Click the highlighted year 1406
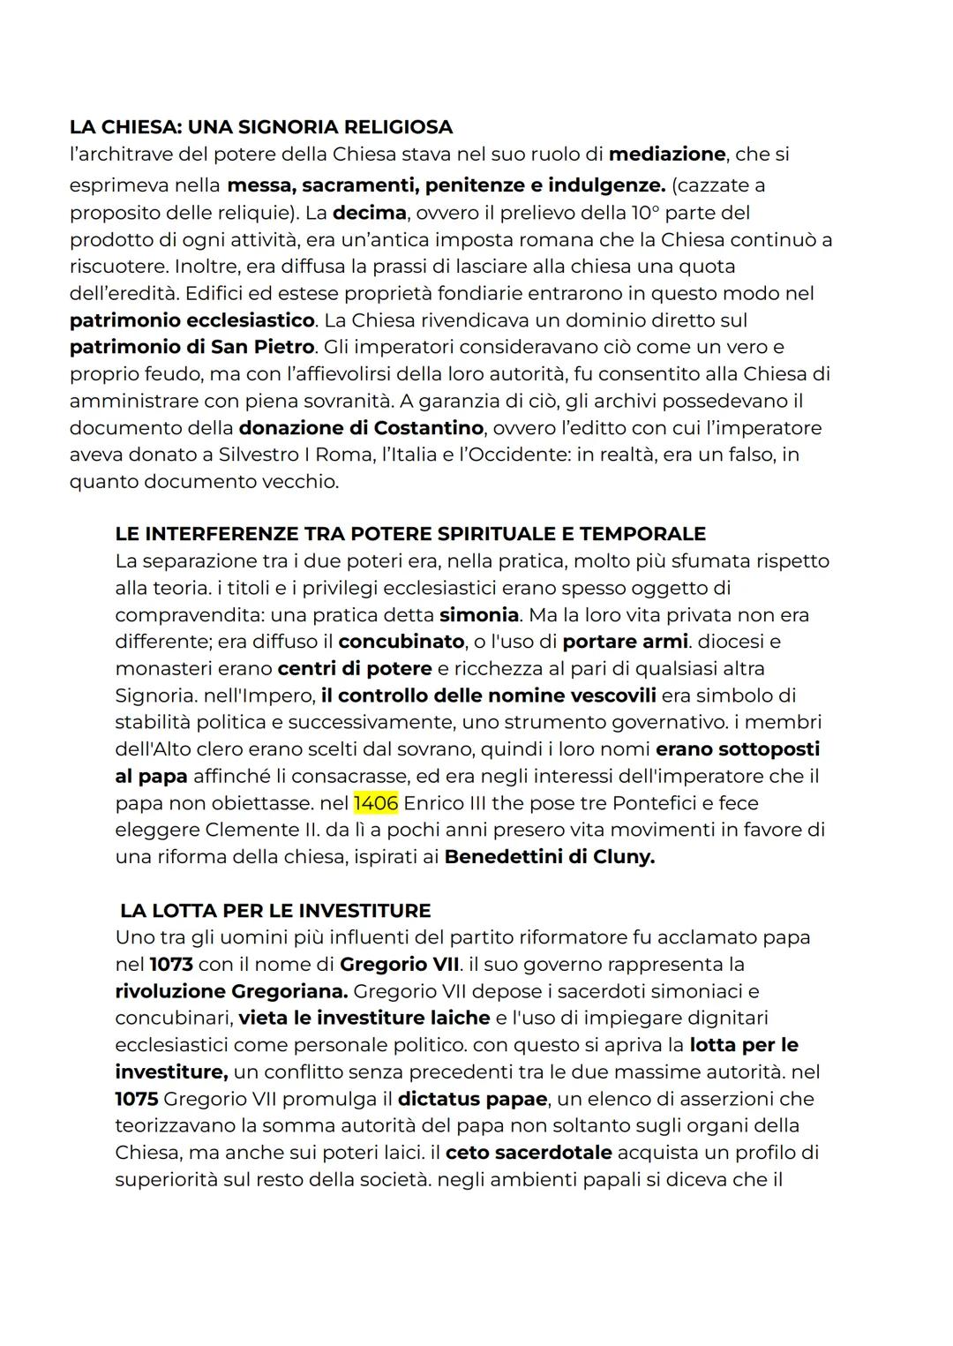376,803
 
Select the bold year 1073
171,964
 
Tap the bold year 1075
136,1099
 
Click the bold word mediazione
667,154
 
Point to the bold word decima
369,213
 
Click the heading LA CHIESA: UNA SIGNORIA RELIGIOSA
261,127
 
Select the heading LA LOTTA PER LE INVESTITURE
275,911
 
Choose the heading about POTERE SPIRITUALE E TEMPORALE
410,534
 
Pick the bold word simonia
479,615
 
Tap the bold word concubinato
401,642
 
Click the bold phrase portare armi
625,642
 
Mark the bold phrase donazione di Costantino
362,428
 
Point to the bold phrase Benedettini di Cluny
550,857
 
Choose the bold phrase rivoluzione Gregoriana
231,991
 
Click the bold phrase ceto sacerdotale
529,1153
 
